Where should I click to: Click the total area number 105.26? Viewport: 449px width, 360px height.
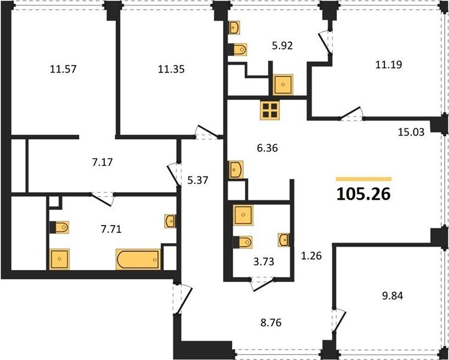point(363,194)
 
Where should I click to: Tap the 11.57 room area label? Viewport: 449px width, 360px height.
point(63,69)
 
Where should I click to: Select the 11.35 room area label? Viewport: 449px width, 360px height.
point(171,69)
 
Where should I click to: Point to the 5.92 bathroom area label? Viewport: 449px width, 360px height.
point(282,46)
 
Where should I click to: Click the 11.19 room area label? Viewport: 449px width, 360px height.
point(388,64)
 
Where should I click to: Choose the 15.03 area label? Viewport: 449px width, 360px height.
point(411,132)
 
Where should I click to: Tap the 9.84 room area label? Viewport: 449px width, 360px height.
point(393,296)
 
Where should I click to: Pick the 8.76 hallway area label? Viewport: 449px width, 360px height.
point(271,323)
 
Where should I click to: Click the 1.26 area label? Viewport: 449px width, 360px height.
point(311,256)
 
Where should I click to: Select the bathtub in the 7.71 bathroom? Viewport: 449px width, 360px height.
point(138,259)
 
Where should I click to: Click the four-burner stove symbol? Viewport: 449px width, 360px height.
point(270,110)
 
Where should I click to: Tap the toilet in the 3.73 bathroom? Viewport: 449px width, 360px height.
point(243,242)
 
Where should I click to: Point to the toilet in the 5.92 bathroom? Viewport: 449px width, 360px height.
point(237,50)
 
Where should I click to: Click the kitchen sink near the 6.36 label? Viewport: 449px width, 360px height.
point(236,170)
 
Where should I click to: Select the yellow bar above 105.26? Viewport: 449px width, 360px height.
point(364,179)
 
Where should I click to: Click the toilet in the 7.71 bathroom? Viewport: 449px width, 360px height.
point(59,227)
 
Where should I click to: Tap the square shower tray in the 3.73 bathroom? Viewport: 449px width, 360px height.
point(243,215)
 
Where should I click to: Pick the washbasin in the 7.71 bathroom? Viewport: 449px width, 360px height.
point(170,221)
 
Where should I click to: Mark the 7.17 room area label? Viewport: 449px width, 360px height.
point(103,162)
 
